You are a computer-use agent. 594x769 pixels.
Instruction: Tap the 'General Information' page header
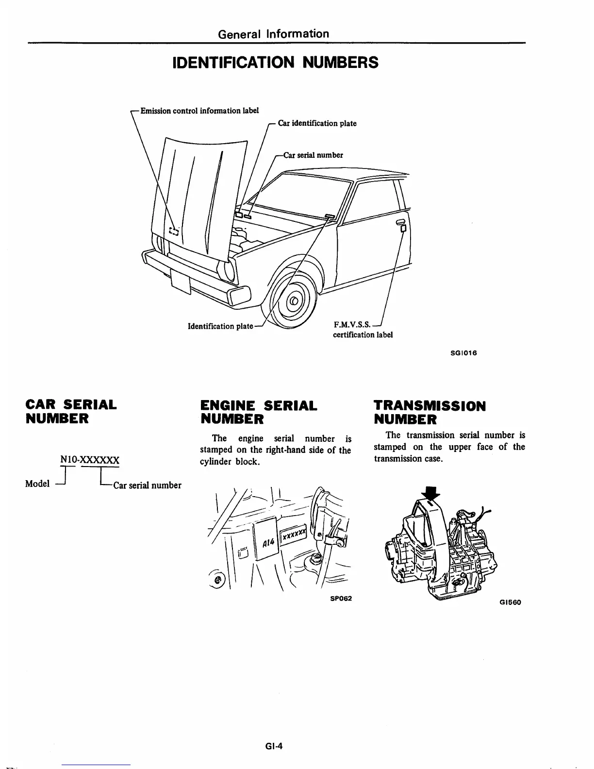(x=274, y=33)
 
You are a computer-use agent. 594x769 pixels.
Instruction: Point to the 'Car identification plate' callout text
(x=317, y=123)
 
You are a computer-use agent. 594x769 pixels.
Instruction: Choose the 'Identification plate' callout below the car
(x=220, y=326)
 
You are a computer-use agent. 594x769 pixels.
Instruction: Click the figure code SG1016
(x=464, y=353)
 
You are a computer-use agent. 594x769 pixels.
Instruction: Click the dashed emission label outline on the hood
(x=174, y=231)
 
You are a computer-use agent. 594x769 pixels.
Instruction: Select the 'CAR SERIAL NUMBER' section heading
(x=71, y=411)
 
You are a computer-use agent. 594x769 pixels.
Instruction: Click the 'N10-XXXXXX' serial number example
(x=89, y=459)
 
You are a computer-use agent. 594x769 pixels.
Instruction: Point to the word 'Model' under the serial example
(x=37, y=484)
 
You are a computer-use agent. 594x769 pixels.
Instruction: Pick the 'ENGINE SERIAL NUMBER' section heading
(x=259, y=412)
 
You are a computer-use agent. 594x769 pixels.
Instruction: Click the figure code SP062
(x=340, y=598)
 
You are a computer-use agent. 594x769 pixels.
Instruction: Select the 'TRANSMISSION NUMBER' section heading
(x=429, y=412)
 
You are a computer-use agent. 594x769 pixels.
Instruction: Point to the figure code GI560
(x=510, y=602)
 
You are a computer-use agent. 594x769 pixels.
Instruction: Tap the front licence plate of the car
(x=181, y=283)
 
